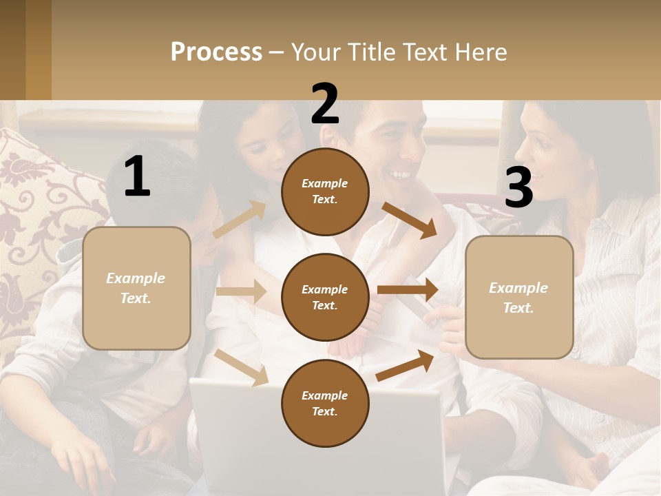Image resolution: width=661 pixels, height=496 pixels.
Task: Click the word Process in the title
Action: (x=216, y=52)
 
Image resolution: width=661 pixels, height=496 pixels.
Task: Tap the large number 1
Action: (x=137, y=177)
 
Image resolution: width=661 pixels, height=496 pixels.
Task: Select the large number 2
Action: (x=325, y=103)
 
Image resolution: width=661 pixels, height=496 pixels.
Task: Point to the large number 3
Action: (x=518, y=188)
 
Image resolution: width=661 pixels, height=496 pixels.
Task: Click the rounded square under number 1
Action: (x=136, y=288)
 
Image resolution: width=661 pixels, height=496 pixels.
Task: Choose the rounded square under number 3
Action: (x=519, y=297)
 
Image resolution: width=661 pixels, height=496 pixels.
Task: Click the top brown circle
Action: (x=325, y=192)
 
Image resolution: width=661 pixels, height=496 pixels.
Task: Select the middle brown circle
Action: (x=325, y=297)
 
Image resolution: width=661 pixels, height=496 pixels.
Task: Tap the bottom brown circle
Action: (x=325, y=403)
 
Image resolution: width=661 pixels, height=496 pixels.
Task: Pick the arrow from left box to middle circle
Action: (x=241, y=291)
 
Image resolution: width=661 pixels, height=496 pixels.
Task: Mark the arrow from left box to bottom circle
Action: (x=241, y=366)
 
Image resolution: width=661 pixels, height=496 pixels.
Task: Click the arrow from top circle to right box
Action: (x=410, y=220)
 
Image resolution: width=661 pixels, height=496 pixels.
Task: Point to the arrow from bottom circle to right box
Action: (x=406, y=366)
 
